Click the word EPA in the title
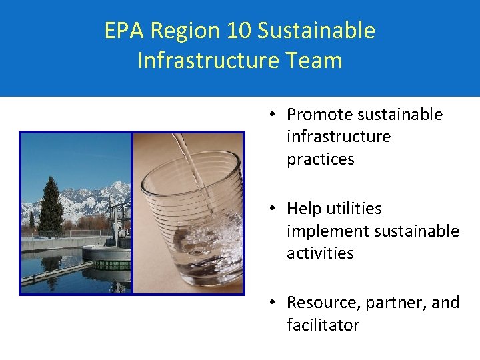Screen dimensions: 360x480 [x=125, y=31]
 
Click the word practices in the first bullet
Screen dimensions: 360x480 [x=321, y=159]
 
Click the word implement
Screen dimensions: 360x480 [x=327, y=231]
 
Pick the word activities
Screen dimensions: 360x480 [x=320, y=253]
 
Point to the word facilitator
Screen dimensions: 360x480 [x=323, y=325]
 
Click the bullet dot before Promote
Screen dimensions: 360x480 [x=273, y=115]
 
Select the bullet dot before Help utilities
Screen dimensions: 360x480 [x=273, y=209]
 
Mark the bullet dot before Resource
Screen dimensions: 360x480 [x=273, y=303]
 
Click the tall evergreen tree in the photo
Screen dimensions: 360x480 [x=51, y=203]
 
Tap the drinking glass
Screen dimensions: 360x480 [x=193, y=220]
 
